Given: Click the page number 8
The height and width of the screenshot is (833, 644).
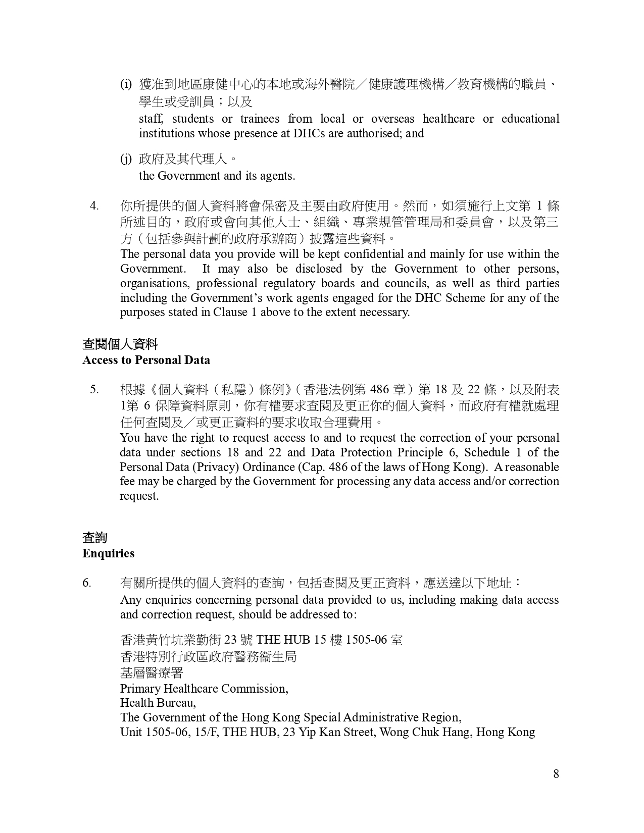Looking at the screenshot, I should tap(556, 774).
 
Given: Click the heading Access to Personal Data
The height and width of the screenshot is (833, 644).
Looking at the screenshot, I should tap(146, 360).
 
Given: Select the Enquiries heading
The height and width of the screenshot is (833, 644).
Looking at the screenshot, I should tap(108, 553).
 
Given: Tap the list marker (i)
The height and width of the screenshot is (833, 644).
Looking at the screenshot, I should tap(126, 84).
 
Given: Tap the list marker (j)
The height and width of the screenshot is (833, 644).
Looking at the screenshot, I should tap(126, 159).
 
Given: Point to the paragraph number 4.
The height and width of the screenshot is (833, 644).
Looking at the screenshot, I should tap(94, 206).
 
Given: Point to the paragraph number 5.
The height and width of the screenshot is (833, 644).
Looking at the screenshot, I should tap(94, 389).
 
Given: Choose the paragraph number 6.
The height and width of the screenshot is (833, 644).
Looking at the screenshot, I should tap(87, 583).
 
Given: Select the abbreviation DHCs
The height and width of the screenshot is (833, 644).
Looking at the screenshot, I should tap(309, 133).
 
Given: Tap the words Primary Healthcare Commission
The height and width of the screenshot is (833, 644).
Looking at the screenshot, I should tap(204, 689).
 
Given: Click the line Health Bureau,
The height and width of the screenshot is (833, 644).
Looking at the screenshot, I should tap(158, 703).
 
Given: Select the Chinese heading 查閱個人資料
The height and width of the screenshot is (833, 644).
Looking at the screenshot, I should tap(120, 345).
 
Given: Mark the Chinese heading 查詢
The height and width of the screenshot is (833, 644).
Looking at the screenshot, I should tap(95, 538).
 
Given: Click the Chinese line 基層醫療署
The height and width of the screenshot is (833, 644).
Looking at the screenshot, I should tap(152, 673).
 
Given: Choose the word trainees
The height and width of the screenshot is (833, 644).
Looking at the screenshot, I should tap(260, 119).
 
